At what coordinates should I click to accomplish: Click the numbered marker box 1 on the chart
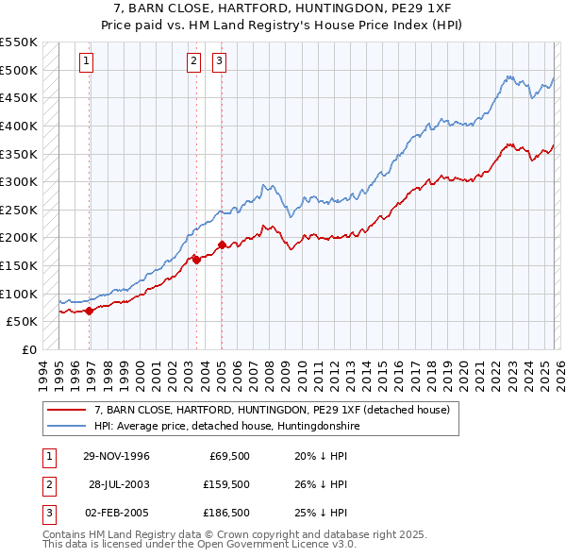[86, 62]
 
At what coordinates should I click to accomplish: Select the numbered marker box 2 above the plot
[193, 62]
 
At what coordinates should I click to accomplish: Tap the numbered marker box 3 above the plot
[219, 62]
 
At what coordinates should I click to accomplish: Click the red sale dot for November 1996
[90, 310]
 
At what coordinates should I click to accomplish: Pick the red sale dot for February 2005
[222, 245]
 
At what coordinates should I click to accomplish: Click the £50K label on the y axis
[23, 322]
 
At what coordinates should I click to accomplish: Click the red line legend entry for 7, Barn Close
[274, 411]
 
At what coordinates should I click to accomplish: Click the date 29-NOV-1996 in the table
[116, 457]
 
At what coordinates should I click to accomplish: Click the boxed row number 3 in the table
[48, 514]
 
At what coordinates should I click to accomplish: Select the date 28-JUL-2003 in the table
[117, 485]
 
